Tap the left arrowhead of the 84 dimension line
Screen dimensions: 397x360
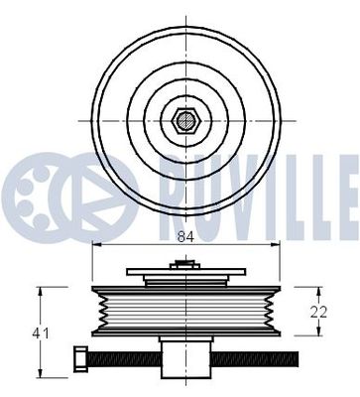(94, 246)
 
